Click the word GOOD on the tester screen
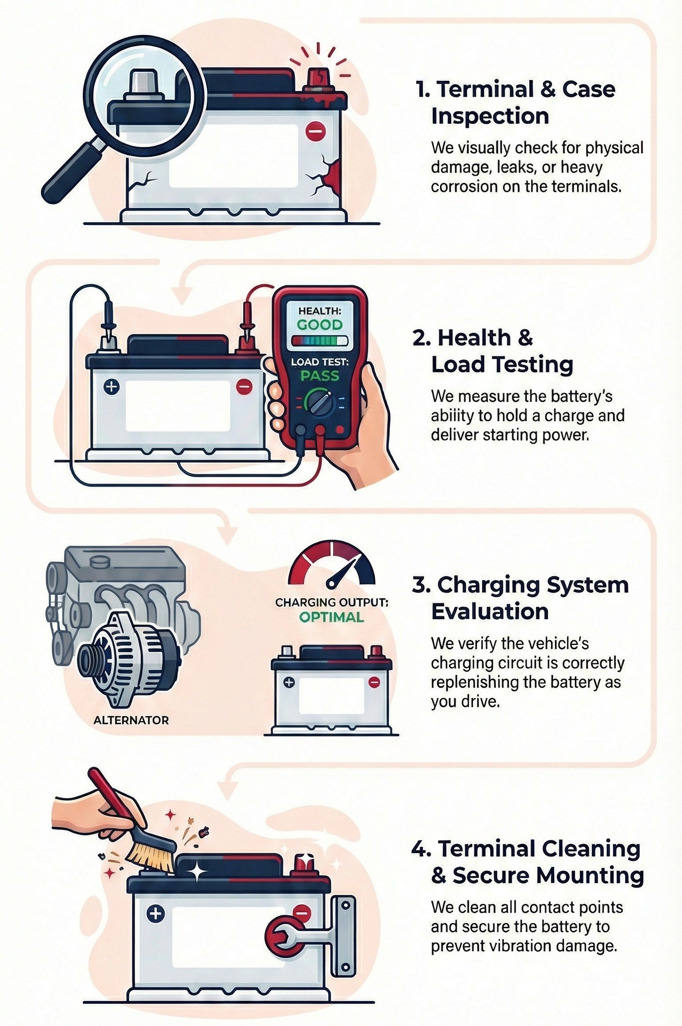coord(320,325)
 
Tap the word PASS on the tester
coord(320,376)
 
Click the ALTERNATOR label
coord(131,720)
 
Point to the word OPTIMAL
coord(331,617)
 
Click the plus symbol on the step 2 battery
coord(111,387)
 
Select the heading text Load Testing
coord(502,365)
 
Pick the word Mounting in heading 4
coord(590,875)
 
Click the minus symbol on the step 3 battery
coord(374,682)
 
